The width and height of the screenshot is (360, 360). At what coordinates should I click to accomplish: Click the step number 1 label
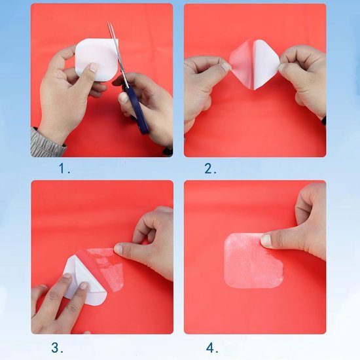tap(64, 168)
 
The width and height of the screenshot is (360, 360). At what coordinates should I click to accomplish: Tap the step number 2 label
tap(210, 169)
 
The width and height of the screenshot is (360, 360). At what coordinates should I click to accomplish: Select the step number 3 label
tap(57, 348)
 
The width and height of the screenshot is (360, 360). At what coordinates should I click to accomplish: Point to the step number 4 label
tap(212, 348)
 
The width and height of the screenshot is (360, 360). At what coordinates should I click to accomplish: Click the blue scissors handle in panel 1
tap(137, 111)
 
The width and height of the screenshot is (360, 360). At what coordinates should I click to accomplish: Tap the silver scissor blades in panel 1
tap(117, 53)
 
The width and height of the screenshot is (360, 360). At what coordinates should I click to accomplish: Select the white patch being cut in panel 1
tap(96, 59)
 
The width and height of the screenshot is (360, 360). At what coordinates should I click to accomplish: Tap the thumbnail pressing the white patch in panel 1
tap(93, 67)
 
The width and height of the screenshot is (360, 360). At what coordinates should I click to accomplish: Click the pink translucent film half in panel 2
tap(241, 64)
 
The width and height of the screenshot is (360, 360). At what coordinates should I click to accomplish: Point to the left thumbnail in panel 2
tap(226, 67)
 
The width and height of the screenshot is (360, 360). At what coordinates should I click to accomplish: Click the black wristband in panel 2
tap(324, 120)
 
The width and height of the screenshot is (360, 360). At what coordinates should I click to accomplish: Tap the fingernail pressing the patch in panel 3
tap(118, 249)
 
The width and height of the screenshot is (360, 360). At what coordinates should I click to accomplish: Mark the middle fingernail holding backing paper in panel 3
tap(83, 285)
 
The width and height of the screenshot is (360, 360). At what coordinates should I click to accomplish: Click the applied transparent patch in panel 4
tap(253, 261)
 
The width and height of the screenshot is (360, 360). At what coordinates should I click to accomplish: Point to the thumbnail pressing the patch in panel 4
tap(266, 240)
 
